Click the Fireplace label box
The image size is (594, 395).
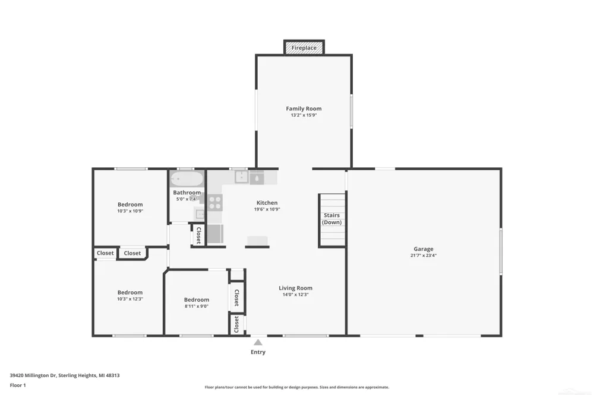click(x=304, y=47)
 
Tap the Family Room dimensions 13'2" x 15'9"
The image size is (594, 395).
click(x=304, y=115)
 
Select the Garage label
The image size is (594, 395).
click(x=424, y=249)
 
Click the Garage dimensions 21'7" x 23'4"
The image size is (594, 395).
click(x=424, y=256)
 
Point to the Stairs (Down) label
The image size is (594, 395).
click(x=332, y=219)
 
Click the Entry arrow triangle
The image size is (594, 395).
click(x=258, y=342)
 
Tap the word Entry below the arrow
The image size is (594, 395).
click(x=258, y=352)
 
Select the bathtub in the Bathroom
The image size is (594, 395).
click(x=187, y=179)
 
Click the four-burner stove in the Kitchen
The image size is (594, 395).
click(x=215, y=202)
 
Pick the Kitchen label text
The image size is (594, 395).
click(x=267, y=203)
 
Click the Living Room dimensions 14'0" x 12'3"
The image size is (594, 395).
click(x=295, y=295)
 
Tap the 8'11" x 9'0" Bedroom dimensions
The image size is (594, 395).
click(x=197, y=307)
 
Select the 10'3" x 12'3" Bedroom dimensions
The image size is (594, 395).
click(x=130, y=299)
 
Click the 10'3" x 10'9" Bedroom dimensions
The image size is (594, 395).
click(x=130, y=211)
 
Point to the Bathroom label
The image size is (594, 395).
click(x=187, y=193)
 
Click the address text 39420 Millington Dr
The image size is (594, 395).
click(x=33, y=375)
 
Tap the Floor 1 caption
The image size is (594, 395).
click(x=18, y=385)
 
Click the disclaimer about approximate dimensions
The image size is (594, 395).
click(x=297, y=387)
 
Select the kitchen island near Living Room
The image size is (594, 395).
click(x=258, y=241)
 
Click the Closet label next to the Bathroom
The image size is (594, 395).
click(x=198, y=235)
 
